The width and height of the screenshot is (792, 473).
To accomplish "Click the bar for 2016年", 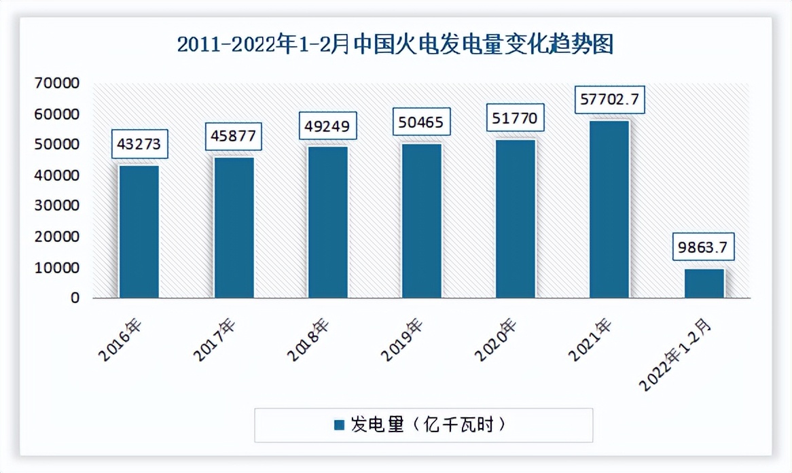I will tap(139, 232).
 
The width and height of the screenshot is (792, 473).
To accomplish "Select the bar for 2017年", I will tap(234, 228).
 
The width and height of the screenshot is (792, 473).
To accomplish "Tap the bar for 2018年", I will tap(328, 222).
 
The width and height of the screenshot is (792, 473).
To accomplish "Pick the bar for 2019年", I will tap(422, 221).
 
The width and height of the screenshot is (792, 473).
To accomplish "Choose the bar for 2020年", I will tap(516, 219).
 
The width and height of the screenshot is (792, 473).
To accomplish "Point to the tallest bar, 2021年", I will tap(609, 209).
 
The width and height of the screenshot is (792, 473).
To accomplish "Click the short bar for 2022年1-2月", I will tap(704, 283).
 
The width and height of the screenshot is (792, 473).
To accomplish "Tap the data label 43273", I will tap(139, 145).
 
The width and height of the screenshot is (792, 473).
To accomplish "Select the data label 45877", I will tap(234, 136).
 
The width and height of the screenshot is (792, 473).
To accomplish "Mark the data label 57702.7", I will tap(609, 100).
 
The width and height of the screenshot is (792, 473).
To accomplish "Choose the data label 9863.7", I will tap(704, 249).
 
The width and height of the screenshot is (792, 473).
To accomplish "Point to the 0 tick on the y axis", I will tap(75, 298).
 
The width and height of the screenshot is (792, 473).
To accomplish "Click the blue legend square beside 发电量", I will tap(340, 425).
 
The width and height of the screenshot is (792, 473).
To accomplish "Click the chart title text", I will tap(395, 46).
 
